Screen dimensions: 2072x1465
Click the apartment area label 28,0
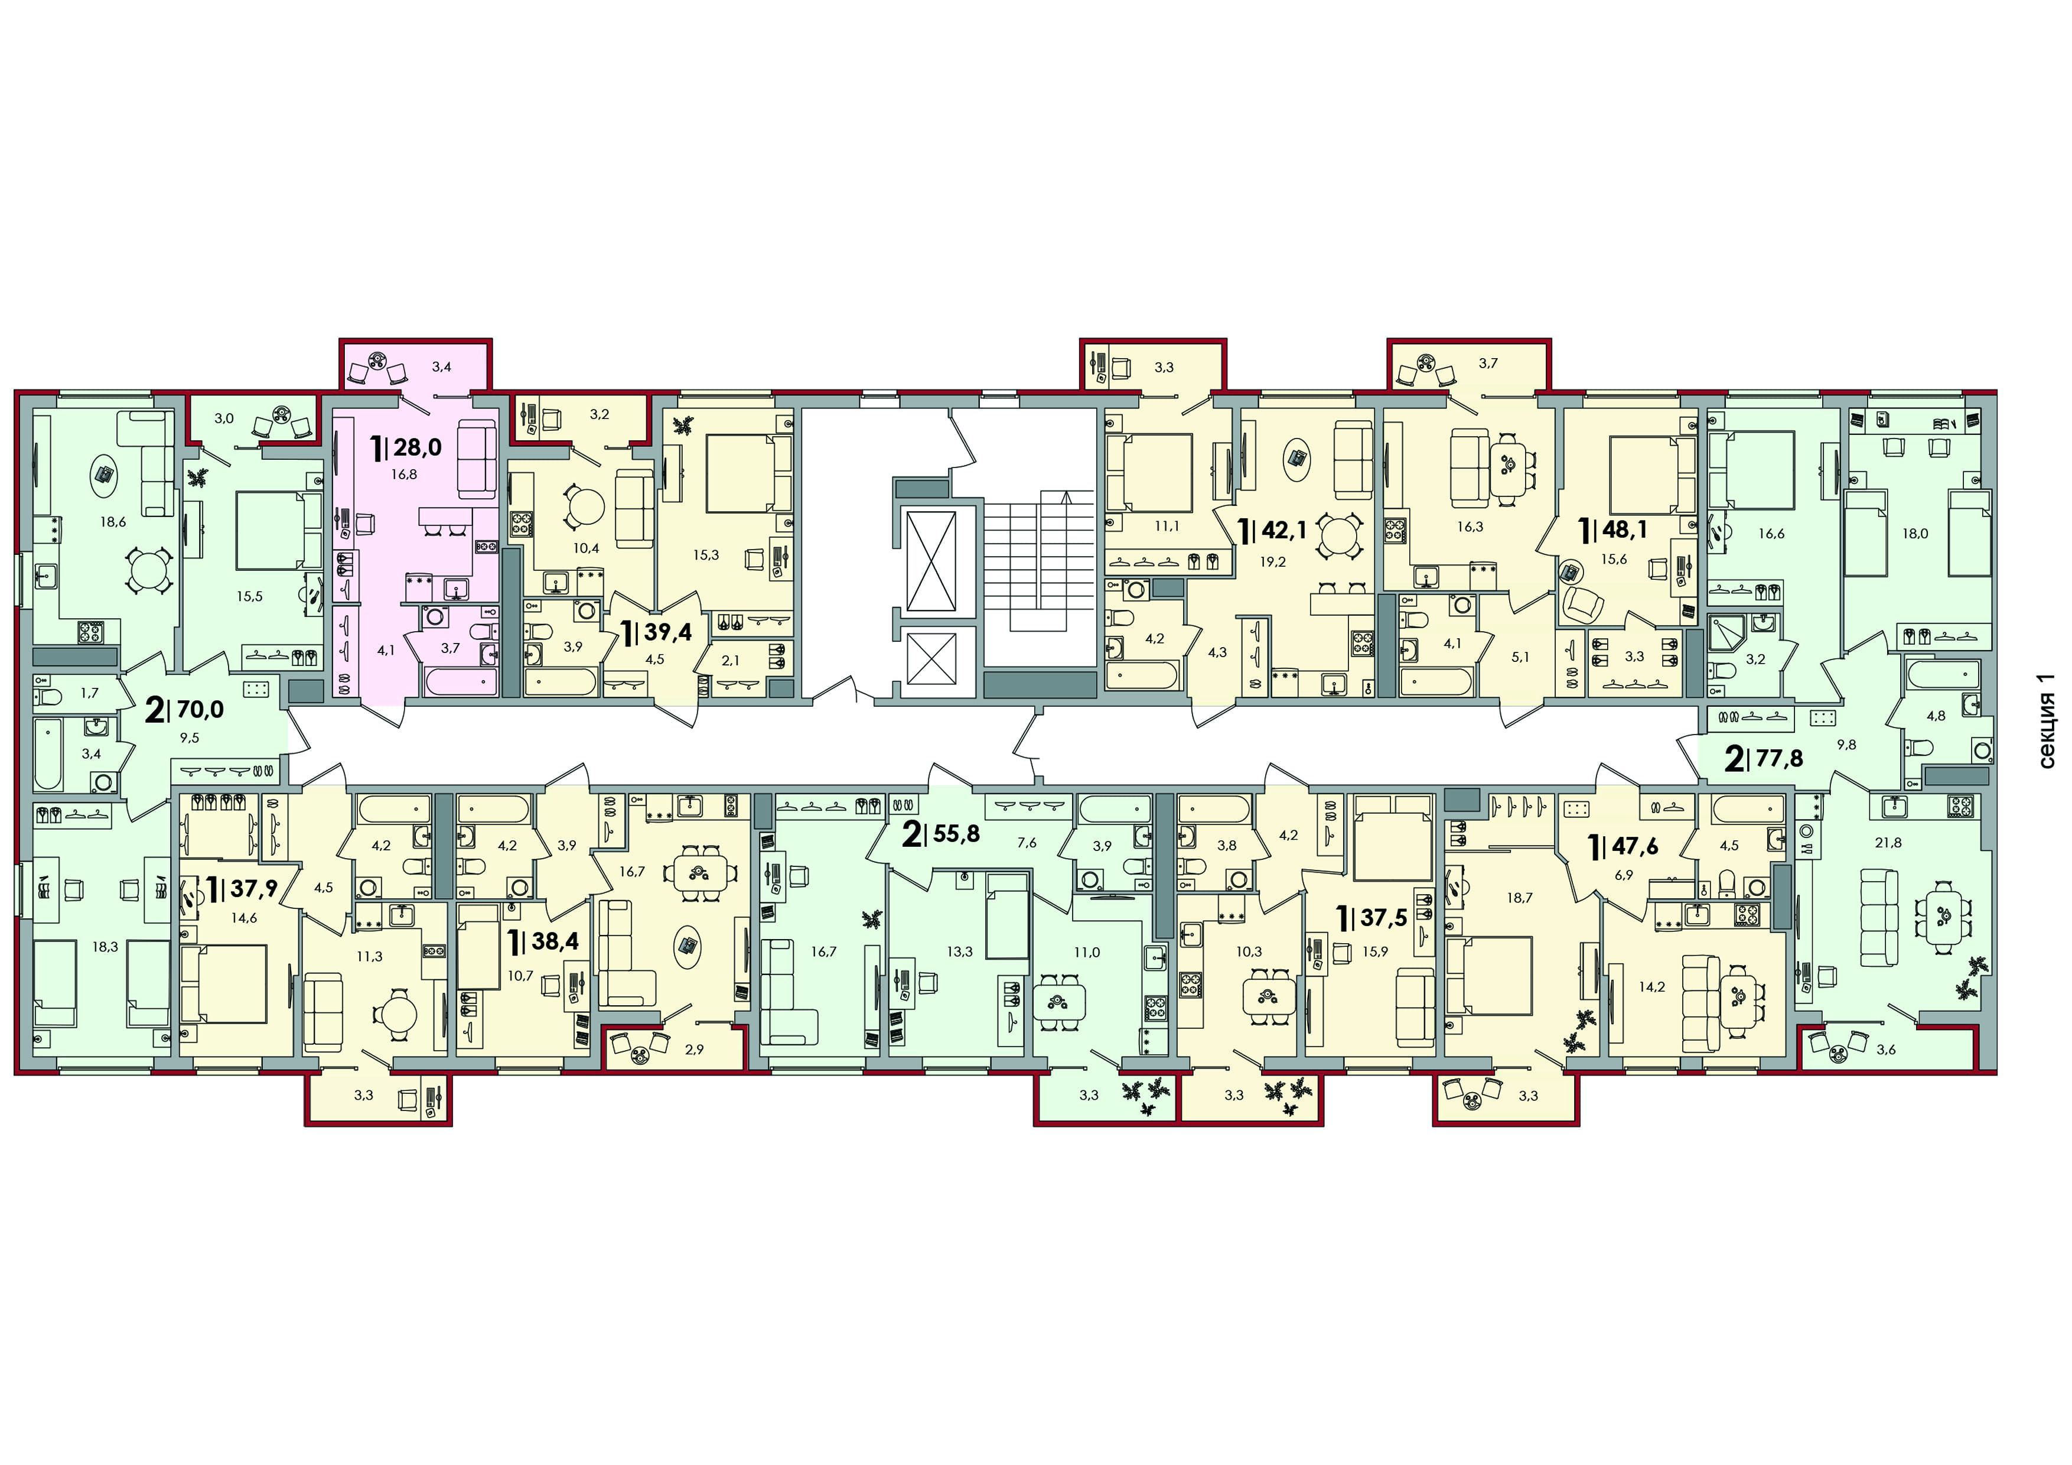(x=417, y=446)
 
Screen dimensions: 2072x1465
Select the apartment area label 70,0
(x=200, y=710)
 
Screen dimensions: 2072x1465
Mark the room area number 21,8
(x=1887, y=843)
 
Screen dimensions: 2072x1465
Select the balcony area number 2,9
(x=694, y=1049)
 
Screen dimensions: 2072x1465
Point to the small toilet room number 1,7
(x=89, y=693)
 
